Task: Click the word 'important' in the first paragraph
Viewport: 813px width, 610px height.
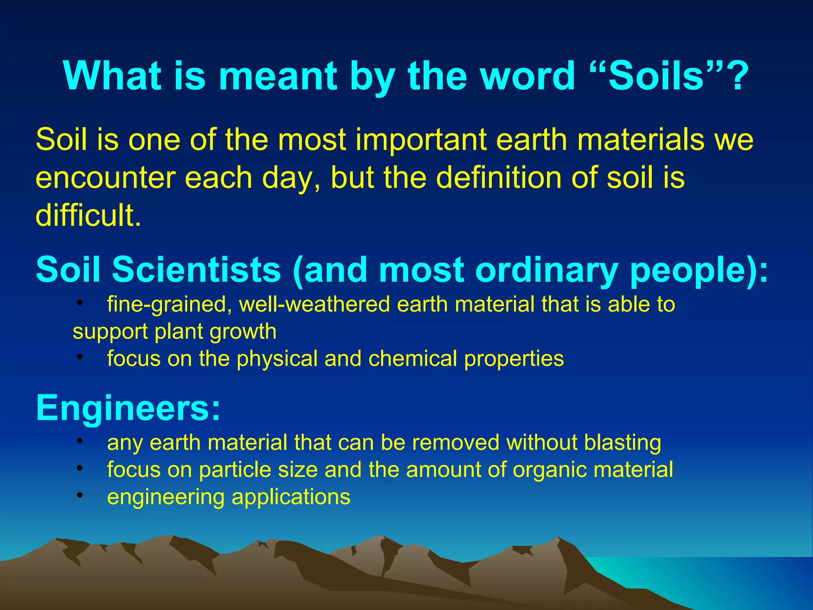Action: [x=421, y=140]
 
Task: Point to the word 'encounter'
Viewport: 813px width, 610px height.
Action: [x=106, y=178]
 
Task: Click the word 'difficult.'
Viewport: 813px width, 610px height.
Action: [x=88, y=216]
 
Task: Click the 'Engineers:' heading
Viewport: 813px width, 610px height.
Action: [x=128, y=408]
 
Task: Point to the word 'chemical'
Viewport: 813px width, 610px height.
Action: [x=413, y=359]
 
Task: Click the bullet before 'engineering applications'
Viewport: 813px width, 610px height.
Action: [x=80, y=495]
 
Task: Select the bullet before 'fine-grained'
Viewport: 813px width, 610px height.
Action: [x=80, y=303]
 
